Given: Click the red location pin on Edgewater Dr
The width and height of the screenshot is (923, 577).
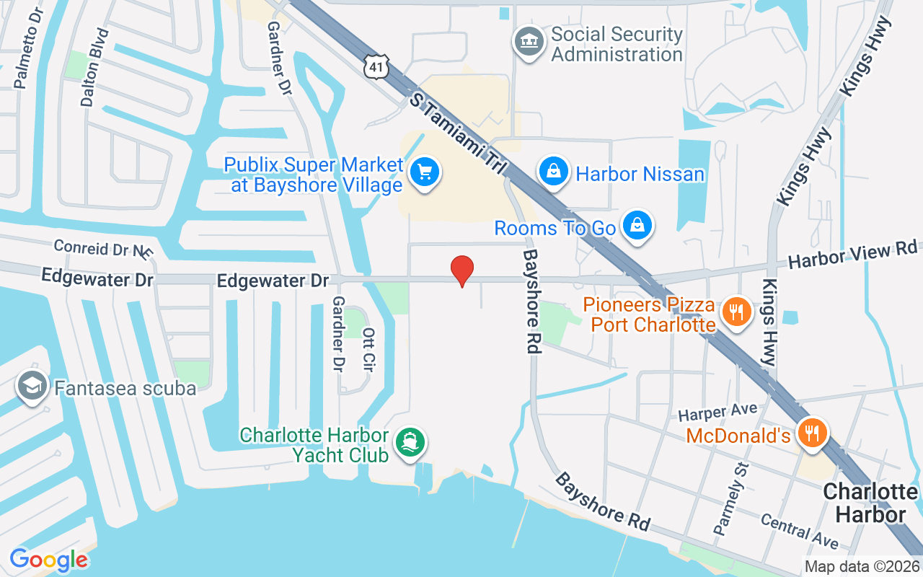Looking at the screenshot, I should [x=462, y=270].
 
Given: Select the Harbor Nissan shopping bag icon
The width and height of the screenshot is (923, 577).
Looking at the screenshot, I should [x=553, y=173].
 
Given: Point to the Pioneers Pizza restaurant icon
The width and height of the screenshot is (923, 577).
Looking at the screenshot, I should [x=735, y=313].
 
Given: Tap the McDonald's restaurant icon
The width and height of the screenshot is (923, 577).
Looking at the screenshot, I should [x=813, y=433].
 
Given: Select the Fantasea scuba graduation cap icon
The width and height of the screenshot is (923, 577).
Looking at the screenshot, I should [x=32, y=387].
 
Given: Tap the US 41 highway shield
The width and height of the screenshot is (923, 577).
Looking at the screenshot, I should [x=376, y=66].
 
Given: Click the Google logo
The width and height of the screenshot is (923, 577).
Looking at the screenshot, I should [x=49, y=560].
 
